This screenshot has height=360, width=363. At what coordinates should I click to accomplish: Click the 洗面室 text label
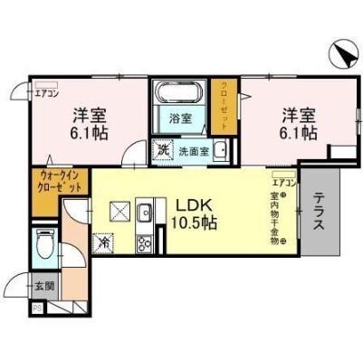point(193,151)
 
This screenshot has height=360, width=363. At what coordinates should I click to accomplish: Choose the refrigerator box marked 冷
point(104,243)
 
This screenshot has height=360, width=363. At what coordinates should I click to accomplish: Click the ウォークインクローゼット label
point(61,180)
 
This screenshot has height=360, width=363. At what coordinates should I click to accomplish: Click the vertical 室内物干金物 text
point(273,217)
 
